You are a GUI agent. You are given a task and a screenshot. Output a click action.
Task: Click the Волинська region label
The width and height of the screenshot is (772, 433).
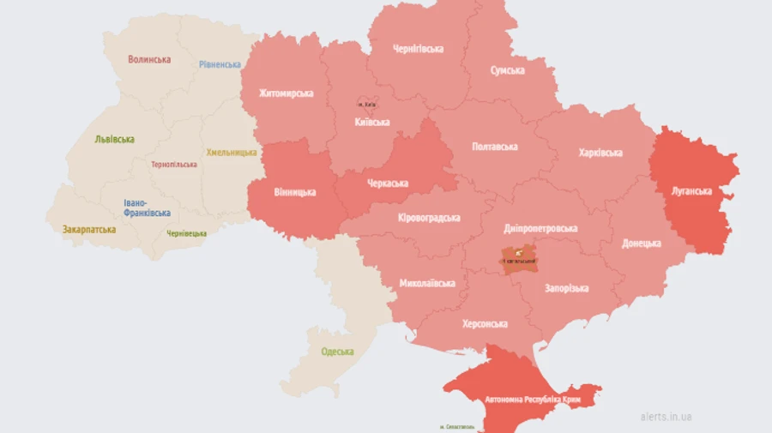[x=149, y=59]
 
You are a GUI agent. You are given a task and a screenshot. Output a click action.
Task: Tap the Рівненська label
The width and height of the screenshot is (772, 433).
[x=220, y=64]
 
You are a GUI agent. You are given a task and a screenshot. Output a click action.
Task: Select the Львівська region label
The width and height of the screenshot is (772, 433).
[x=114, y=139]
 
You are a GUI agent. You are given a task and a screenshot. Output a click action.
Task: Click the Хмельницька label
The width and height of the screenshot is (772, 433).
[x=231, y=152]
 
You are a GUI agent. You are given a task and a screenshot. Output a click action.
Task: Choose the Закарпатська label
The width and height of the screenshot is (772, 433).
[x=88, y=229]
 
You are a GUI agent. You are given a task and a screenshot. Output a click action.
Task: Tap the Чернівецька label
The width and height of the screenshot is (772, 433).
[x=186, y=233]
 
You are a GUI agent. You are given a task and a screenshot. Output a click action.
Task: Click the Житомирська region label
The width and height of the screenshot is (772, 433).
[x=286, y=93]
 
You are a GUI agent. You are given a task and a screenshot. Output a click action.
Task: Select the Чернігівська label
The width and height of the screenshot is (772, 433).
[x=418, y=49]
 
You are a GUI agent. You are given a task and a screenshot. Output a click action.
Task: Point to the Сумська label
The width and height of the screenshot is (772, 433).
[x=508, y=70]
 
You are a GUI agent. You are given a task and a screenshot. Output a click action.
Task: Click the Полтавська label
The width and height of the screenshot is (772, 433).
[x=495, y=147]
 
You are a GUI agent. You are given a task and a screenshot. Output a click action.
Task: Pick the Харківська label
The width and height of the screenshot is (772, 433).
[x=600, y=153]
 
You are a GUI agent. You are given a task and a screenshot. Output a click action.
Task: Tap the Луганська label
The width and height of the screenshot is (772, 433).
[x=691, y=190]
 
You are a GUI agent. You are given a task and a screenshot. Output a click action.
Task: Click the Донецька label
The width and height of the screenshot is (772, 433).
[x=642, y=243]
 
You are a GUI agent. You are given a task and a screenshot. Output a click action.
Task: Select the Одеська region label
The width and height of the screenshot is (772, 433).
[x=337, y=352]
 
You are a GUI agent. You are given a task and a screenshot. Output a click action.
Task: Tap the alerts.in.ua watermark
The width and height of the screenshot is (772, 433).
[x=666, y=417]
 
